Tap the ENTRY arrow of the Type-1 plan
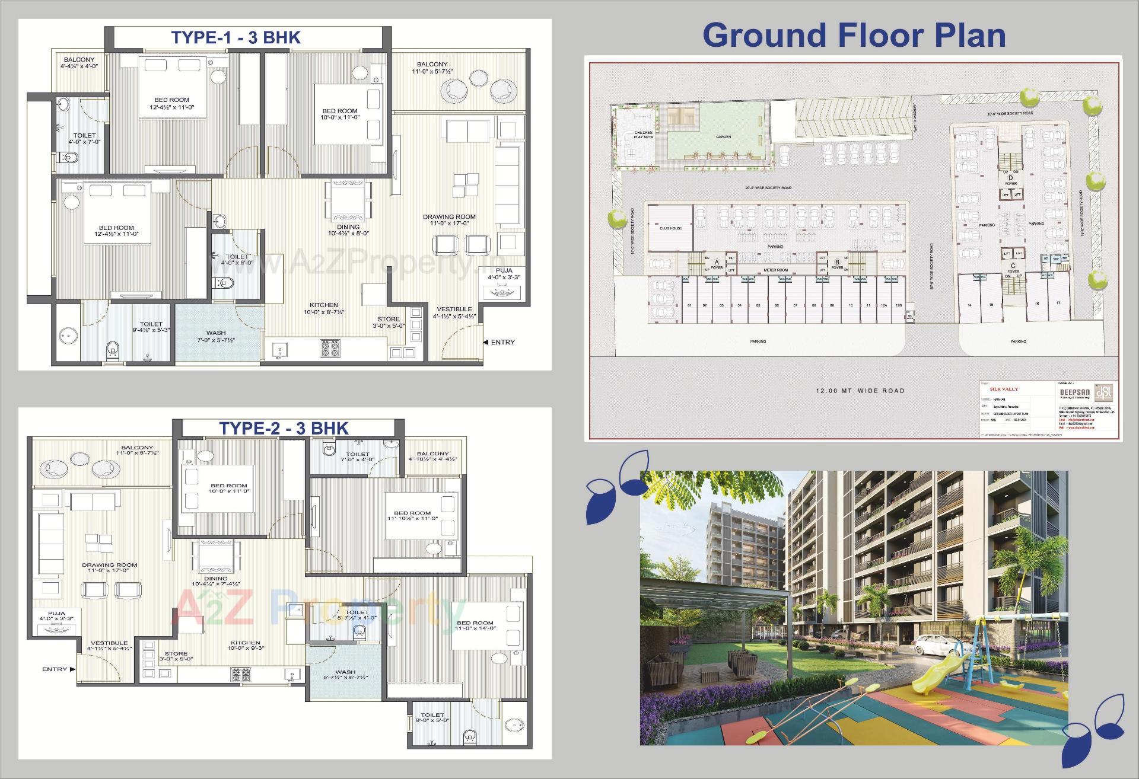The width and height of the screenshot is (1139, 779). [486, 342]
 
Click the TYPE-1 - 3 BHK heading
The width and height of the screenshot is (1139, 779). [236, 37]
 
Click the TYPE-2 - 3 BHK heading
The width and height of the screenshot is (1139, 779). [284, 428]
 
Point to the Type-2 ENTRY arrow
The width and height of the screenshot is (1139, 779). [72, 669]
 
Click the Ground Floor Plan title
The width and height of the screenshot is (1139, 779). [854, 35]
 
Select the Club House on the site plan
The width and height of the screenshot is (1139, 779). [670, 228]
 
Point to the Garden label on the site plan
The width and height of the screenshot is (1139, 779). [723, 137]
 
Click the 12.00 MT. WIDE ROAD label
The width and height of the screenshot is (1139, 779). [860, 391]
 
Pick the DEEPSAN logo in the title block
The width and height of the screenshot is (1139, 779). [1104, 392]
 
